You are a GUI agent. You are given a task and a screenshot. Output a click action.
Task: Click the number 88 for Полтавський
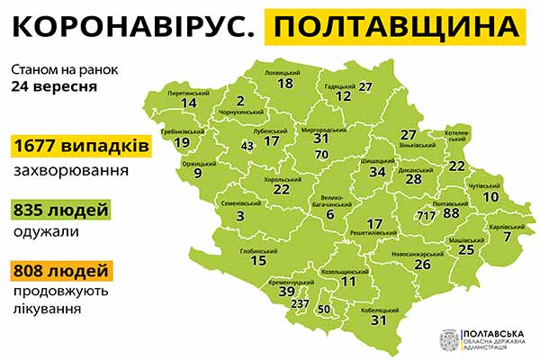(x=451, y=213)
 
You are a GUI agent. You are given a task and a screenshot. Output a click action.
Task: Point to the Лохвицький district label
(x=285, y=71)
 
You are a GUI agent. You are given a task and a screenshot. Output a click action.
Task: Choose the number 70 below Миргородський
(x=321, y=154)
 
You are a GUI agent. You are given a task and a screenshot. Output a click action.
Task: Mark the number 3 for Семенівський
(x=240, y=216)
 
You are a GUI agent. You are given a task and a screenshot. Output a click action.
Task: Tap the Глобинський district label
(x=258, y=249)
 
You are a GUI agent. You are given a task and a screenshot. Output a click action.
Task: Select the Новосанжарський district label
(x=421, y=254)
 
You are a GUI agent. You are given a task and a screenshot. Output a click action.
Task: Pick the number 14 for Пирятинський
(x=189, y=103)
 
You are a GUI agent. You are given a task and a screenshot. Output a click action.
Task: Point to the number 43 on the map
(x=247, y=146)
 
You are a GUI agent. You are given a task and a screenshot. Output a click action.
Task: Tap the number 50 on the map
(x=324, y=310)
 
